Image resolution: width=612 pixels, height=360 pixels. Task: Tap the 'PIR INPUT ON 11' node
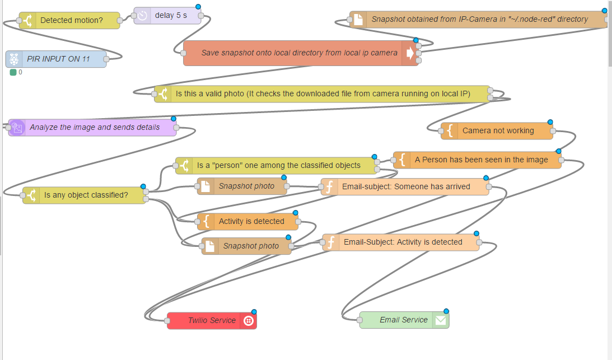58,59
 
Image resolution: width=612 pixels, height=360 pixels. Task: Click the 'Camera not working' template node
498,130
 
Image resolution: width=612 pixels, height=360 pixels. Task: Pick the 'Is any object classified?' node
86,195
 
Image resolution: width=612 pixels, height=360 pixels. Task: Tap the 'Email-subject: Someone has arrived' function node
406,186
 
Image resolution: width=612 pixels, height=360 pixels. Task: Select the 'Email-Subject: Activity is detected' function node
403,242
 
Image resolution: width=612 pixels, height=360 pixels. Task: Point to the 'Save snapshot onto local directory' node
299,53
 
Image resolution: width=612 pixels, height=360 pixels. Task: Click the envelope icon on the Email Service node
441,320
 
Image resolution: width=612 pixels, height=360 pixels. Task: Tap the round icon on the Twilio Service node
249,321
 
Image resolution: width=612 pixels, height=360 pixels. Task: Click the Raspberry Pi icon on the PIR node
14,59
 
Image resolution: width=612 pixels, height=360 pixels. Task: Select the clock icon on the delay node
142,16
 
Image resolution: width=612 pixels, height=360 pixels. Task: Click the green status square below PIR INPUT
13,72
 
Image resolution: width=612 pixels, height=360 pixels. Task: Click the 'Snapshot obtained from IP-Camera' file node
479,19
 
